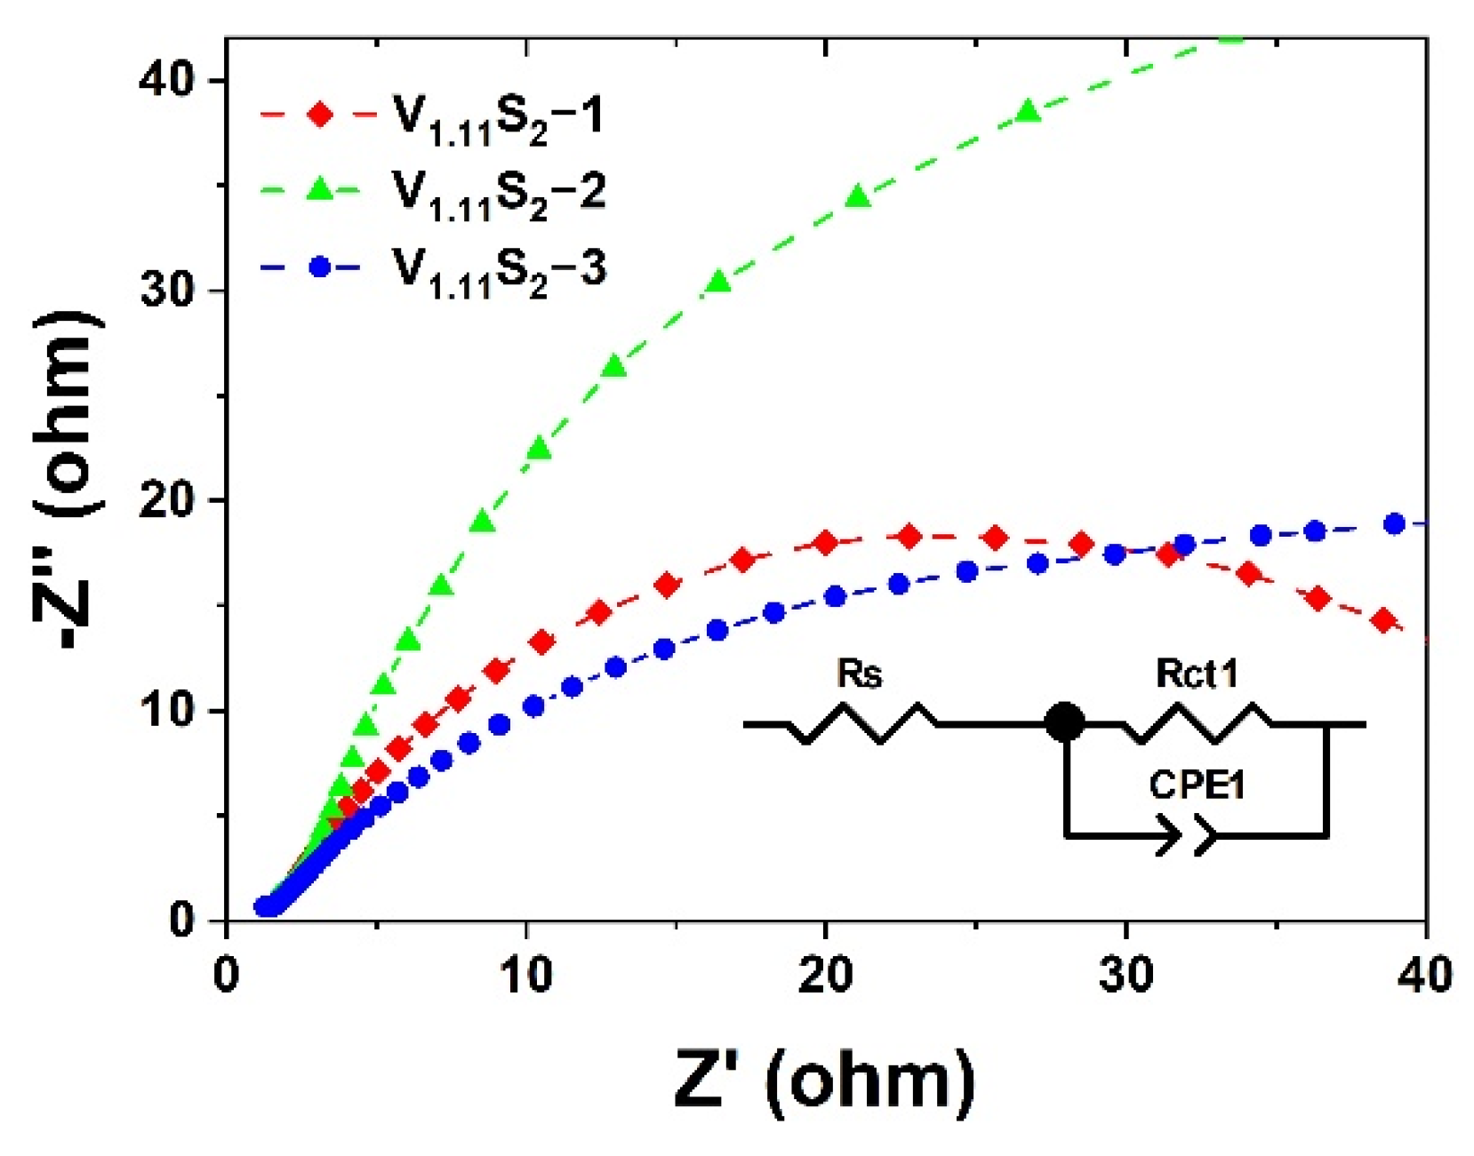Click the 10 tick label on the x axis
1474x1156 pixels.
(525, 975)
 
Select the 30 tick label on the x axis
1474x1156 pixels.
(1126, 975)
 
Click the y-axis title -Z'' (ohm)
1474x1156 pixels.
(69, 480)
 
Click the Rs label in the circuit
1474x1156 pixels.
(860, 674)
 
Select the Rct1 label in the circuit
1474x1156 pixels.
(1197, 674)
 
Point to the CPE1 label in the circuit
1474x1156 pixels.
(1197, 785)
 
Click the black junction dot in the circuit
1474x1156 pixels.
(1064, 722)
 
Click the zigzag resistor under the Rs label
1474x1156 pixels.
(861, 724)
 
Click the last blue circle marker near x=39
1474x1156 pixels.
(1394, 524)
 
